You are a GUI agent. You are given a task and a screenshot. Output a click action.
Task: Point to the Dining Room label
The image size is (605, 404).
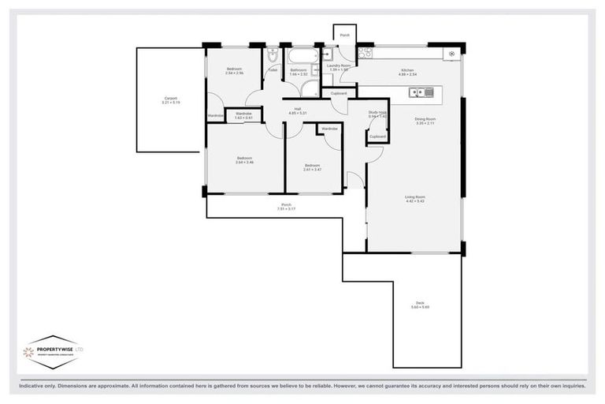click(425, 121)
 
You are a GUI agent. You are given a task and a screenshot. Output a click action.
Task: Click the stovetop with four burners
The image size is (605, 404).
click(366, 54)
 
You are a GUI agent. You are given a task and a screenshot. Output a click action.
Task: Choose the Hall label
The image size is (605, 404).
click(298, 110)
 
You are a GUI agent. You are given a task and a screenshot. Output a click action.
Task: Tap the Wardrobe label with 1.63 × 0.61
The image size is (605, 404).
click(243, 116)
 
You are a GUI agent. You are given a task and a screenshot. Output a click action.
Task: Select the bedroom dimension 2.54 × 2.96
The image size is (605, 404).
click(234, 74)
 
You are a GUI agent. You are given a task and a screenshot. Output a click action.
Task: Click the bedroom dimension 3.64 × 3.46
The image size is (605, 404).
click(243, 161)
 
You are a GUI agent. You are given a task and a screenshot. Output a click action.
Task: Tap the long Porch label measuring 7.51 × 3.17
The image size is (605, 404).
click(285, 208)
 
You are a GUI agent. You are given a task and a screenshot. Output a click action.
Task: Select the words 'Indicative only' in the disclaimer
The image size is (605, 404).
click(40, 387)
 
